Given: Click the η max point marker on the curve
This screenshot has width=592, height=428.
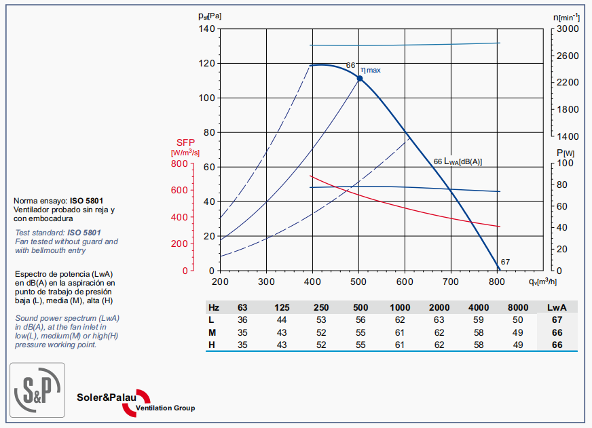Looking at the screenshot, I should point(360,79).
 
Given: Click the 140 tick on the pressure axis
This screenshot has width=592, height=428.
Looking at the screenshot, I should point(206,29).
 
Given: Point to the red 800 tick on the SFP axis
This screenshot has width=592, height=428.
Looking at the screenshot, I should point(179,164).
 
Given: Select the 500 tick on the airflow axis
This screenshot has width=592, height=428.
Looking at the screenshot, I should point(358,281).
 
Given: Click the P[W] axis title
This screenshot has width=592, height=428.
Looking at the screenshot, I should point(565,153).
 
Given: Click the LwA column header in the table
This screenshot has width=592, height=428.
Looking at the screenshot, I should point(557,307).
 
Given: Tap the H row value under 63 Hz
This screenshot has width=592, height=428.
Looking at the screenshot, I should point(242,345).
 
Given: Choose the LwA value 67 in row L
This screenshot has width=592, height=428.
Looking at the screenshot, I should point(557,319).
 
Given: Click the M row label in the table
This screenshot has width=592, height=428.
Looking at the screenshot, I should point(212,332).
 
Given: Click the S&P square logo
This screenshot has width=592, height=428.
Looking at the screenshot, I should point(37,390).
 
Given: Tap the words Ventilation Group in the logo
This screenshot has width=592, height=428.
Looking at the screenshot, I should point(165,408).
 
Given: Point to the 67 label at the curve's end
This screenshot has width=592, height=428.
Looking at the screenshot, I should point(505,262).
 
